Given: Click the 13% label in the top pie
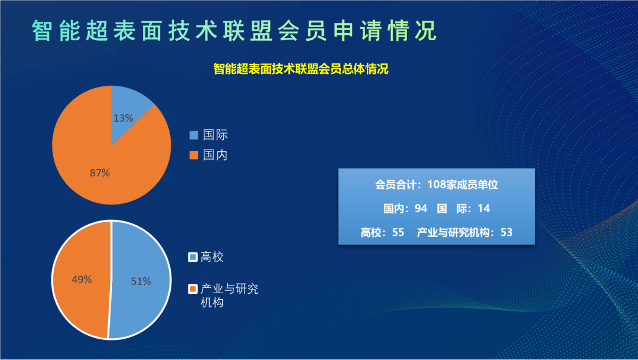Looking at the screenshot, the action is (123, 118).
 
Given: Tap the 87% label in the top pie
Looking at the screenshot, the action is (100, 173).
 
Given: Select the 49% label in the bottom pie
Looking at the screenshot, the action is (82, 280).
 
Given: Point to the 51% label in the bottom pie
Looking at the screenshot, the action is (141, 281).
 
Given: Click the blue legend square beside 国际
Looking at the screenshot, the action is (194, 135).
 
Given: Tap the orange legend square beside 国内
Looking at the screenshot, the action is (194, 155).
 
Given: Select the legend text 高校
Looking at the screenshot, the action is (212, 257).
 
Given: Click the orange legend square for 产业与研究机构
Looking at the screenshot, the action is (193, 289).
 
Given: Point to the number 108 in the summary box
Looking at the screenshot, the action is (437, 185).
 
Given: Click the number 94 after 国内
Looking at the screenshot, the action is (421, 209).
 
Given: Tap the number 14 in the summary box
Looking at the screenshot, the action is (483, 209).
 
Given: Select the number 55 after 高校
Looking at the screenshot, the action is (398, 232).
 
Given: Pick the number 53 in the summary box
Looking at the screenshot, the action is (506, 232).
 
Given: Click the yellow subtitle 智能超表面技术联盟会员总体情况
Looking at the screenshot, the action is (301, 69).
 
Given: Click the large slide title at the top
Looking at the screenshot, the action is (235, 31).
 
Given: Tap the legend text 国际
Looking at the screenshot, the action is (215, 135).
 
